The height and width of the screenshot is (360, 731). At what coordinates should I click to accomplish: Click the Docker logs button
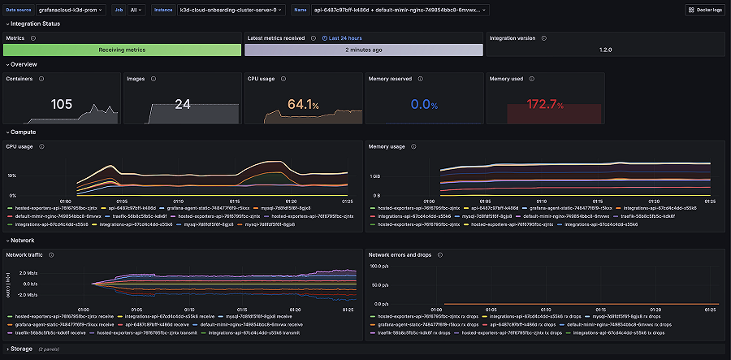point(703,10)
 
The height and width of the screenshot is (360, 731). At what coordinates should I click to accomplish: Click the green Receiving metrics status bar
point(122,50)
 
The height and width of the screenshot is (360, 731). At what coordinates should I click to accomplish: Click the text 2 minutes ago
point(364,50)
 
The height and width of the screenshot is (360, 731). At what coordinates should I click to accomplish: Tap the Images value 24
point(182,104)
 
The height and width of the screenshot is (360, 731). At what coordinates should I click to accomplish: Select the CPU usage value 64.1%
point(304,104)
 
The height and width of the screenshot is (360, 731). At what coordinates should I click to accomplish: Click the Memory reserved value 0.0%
point(424,105)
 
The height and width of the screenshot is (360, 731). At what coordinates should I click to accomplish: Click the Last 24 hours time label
point(344,37)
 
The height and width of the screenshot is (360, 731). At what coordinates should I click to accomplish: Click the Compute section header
point(23,132)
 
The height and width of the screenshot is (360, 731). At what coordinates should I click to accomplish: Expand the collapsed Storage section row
point(21,349)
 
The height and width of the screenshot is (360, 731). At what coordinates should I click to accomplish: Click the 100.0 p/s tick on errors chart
point(379,265)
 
